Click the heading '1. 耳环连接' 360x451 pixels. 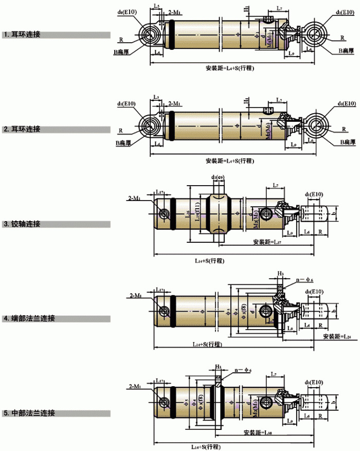click(23, 35)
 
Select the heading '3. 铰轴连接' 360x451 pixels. click(23, 224)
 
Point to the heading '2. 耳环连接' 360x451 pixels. click(23, 129)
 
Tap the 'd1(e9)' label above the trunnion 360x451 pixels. click(218, 177)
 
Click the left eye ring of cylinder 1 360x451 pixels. click(150, 35)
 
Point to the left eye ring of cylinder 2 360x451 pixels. click(150, 125)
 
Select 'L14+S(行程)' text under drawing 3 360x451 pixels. click(209, 260)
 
